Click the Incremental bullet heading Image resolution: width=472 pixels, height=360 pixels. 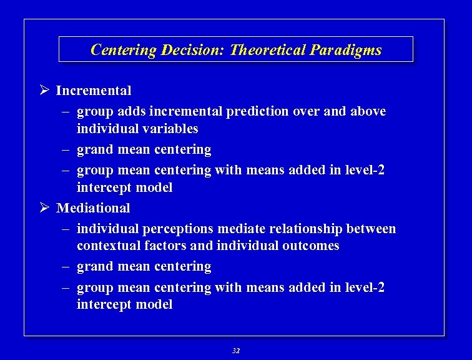[x=94, y=91]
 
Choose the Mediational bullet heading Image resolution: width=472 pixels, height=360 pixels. [x=93, y=207]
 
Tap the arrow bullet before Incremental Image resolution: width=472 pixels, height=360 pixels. [x=44, y=91]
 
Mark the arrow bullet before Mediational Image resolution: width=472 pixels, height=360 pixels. [x=44, y=207]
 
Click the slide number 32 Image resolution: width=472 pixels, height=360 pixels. [x=235, y=351]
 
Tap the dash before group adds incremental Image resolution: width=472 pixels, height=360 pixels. [x=66, y=112]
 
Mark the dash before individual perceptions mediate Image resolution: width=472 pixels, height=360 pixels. [x=66, y=229]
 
